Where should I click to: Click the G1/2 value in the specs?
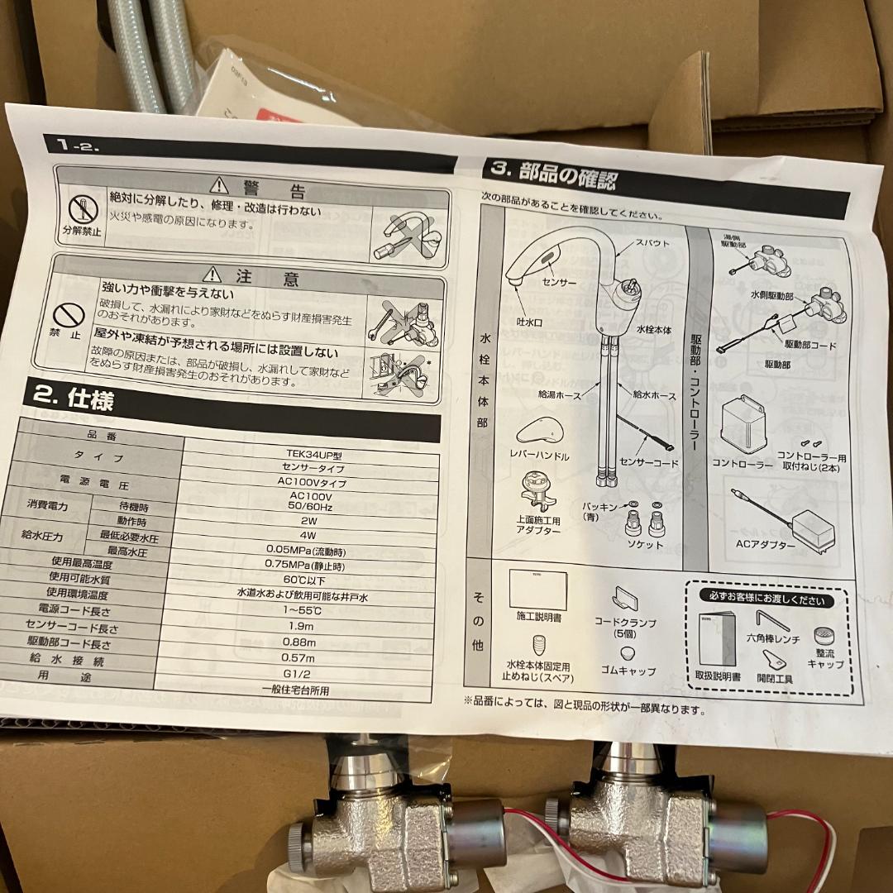pos(306,676)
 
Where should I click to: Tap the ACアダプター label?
pos(765,545)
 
